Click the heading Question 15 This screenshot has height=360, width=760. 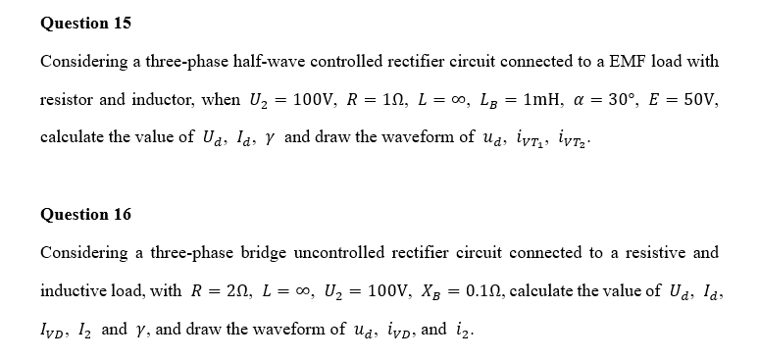[x=85, y=22]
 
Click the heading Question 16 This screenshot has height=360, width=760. [x=85, y=214]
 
